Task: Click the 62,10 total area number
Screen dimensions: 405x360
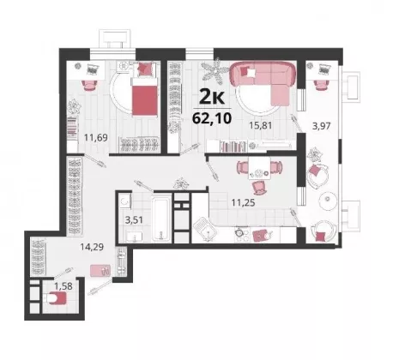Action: click(x=212, y=117)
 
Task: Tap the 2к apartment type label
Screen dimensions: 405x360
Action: click(x=212, y=98)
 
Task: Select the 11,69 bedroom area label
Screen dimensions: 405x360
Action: click(x=96, y=138)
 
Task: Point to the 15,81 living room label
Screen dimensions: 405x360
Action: click(x=260, y=125)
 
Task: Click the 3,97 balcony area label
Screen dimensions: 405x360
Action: click(x=321, y=126)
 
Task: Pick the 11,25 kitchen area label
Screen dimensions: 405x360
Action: click(x=243, y=203)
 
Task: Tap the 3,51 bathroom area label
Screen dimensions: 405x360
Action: click(x=134, y=220)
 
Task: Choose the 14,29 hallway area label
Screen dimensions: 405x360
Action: click(x=92, y=247)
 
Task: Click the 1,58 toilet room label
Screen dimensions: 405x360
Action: click(x=63, y=285)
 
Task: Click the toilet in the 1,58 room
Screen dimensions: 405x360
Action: click(x=57, y=298)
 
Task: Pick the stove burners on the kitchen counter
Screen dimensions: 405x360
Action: click(x=242, y=232)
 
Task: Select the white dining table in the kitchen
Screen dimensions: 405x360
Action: click(x=259, y=168)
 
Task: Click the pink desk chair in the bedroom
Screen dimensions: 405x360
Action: click(x=89, y=85)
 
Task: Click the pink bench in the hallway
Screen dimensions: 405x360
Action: click(x=100, y=271)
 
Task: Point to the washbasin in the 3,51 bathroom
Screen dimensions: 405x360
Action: click(x=134, y=237)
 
